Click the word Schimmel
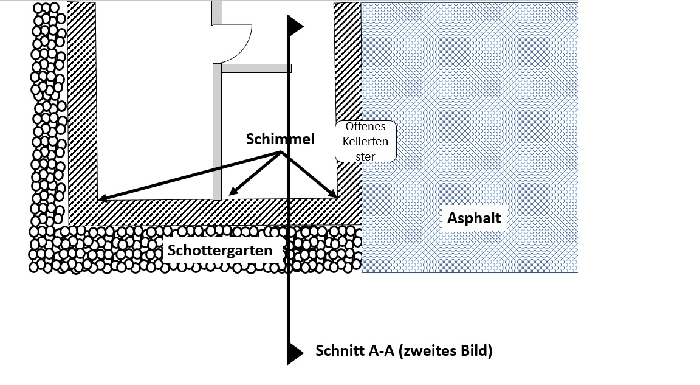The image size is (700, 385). coord(280,139)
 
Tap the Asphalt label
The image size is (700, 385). coord(474,218)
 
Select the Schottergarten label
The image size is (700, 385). coord(220,250)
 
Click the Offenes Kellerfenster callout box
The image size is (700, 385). coord(366,141)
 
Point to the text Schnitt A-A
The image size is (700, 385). coord(354,351)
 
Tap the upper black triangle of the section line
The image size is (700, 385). coord(295,26)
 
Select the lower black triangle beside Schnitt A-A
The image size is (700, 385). coord(295,352)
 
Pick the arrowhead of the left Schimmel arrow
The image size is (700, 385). coord(101,198)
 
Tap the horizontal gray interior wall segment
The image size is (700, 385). coord(256,68)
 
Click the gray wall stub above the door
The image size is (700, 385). coord(216,12)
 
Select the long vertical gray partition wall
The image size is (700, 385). coord(217,131)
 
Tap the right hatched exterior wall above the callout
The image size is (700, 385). coord(348,61)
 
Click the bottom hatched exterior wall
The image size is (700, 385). coord(213,212)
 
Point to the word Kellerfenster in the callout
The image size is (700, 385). coord(366,146)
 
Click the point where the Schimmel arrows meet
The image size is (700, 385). coord(280,153)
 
